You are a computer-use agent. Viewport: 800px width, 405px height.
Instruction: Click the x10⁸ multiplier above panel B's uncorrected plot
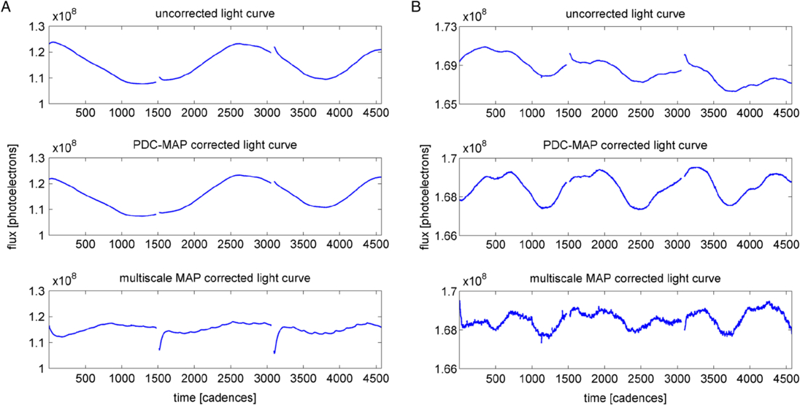coord(474,15)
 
